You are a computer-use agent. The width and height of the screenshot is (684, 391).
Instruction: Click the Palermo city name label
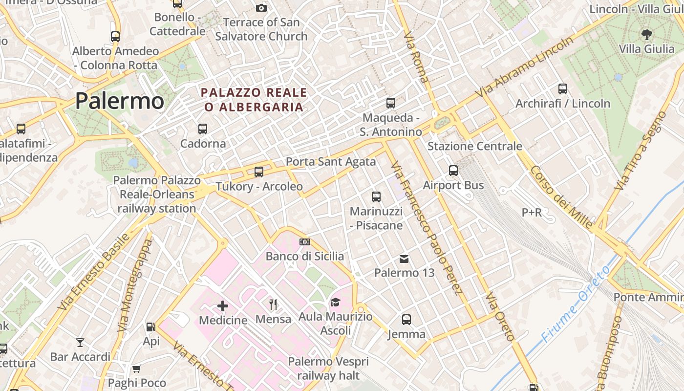pos(120,101)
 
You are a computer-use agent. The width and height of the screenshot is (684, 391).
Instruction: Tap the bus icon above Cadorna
pos(203,129)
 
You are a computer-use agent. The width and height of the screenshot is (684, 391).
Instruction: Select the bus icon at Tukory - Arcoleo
pos(259,172)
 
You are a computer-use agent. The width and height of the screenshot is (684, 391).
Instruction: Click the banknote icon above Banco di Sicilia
pos(305,242)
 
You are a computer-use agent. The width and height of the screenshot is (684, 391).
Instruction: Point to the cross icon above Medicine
pos(223,306)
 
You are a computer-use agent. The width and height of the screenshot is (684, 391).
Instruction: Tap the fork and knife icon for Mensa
pos(274,304)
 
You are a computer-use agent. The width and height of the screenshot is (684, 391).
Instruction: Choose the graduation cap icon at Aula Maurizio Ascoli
pos(335,303)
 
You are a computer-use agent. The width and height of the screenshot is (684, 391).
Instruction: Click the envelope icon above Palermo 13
pos(404,259)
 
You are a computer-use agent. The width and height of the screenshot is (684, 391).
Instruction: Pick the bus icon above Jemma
pos(406,320)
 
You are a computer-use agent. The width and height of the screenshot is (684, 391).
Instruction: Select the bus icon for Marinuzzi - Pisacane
pos(376,197)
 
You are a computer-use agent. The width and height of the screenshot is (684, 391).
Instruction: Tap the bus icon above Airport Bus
pos(453,171)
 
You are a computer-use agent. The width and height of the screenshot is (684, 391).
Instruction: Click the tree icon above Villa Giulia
pos(647,34)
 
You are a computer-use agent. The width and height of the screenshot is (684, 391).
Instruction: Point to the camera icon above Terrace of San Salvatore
pos(261,8)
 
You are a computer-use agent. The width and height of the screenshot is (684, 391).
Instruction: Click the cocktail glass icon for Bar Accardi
pos(80,342)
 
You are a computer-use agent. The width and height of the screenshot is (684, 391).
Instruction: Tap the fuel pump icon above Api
pos(151,327)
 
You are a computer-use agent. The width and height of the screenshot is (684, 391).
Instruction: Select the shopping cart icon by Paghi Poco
pos(137,369)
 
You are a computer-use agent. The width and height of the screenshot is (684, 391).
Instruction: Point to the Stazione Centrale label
pos(475,146)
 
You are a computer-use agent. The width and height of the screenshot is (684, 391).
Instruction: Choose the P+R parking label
pos(532,213)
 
